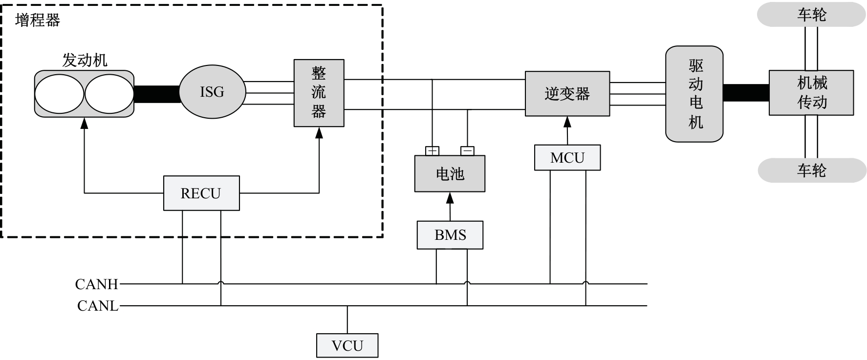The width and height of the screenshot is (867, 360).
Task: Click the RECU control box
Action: (201, 193)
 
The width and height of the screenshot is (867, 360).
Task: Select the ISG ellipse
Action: (212, 92)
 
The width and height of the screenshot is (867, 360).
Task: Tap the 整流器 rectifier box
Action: (319, 93)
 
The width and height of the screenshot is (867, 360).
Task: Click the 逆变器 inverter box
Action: (567, 94)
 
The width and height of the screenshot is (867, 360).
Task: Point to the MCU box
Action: (567, 158)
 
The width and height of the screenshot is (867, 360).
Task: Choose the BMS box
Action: (450, 235)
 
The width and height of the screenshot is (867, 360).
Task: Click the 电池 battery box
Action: (450, 173)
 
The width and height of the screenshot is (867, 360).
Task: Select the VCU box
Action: (347, 346)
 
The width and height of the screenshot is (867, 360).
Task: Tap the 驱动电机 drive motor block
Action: (694, 94)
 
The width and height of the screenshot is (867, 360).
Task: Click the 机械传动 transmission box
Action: (811, 93)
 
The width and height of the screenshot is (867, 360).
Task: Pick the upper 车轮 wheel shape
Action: (811, 15)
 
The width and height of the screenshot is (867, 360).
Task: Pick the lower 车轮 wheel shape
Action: (811, 170)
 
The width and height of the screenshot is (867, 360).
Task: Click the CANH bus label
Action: (97, 284)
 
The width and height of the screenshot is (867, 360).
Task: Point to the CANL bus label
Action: (98, 306)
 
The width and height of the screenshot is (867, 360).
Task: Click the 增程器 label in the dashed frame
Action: (38, 20)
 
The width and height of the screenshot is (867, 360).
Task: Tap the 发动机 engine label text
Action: (85, 60)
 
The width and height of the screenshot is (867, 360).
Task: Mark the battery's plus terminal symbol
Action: (432, 151)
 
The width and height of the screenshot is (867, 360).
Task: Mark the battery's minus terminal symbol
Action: (467, 151)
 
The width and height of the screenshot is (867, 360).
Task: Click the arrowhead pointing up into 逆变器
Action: (567, 121)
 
